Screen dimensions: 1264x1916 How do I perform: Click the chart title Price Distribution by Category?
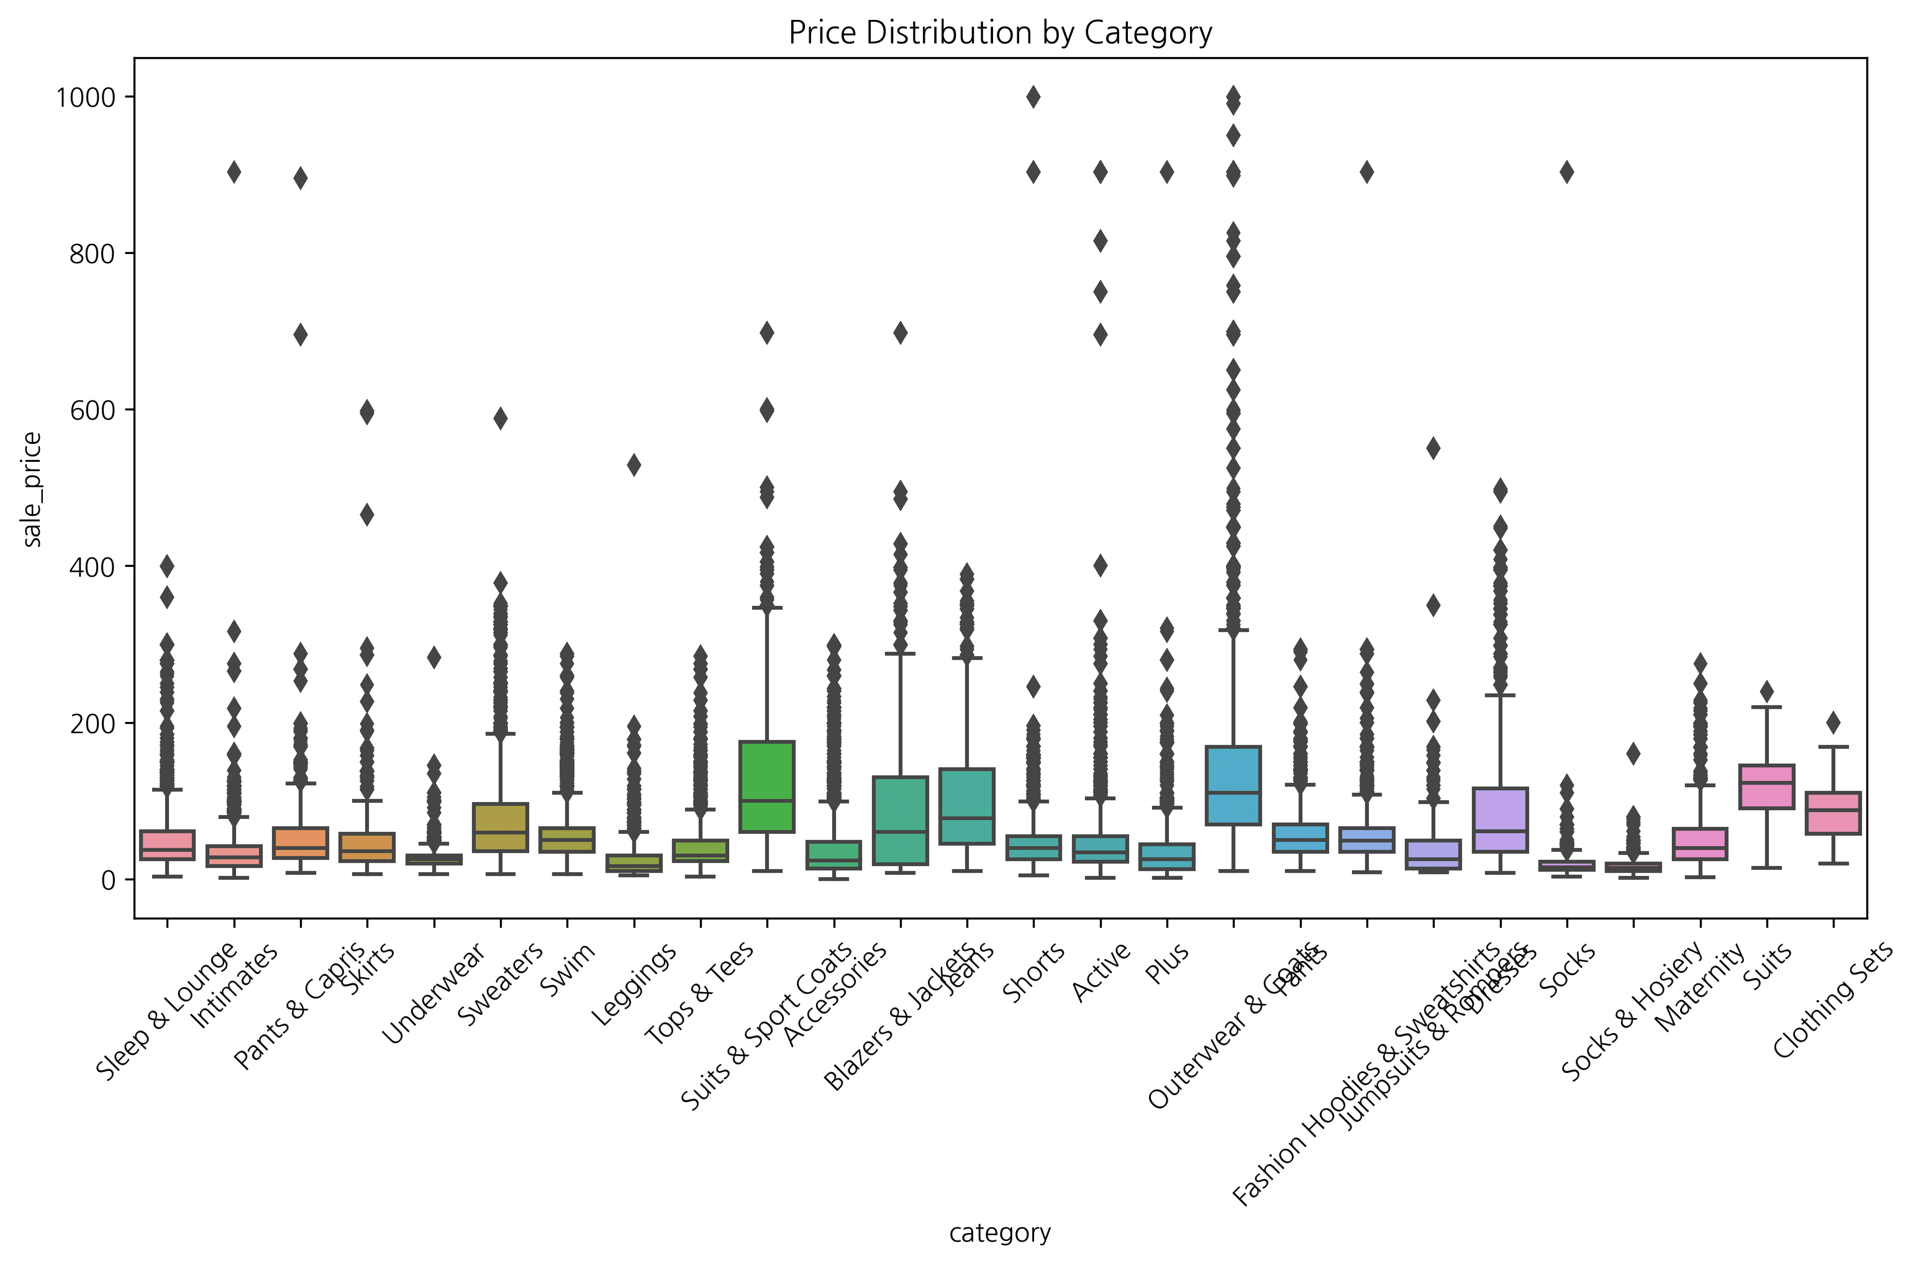[1000, 33]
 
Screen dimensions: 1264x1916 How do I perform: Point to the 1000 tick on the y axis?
[84, 97]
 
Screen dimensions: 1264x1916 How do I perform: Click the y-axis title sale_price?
[32, 489]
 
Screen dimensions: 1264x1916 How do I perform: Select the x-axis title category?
[1000, 1232]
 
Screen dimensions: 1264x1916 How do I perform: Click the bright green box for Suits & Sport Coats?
[767, 786]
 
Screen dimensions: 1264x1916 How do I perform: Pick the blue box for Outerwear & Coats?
[1233, 785]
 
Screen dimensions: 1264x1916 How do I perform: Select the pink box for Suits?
[1767, 786]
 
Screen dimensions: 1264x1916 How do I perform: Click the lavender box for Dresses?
[1500, 819]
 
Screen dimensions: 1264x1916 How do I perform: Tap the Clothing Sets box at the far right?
[1833, 813]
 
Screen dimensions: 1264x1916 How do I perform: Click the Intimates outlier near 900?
[234, 173]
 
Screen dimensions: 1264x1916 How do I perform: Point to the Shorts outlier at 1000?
[1033, 97]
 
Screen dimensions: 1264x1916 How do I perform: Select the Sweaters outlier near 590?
[500, 418]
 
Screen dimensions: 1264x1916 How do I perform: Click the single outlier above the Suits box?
[1767, 692]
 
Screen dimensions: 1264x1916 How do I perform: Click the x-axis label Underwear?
[433, 993]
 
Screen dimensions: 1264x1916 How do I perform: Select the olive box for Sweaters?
[500, 827]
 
